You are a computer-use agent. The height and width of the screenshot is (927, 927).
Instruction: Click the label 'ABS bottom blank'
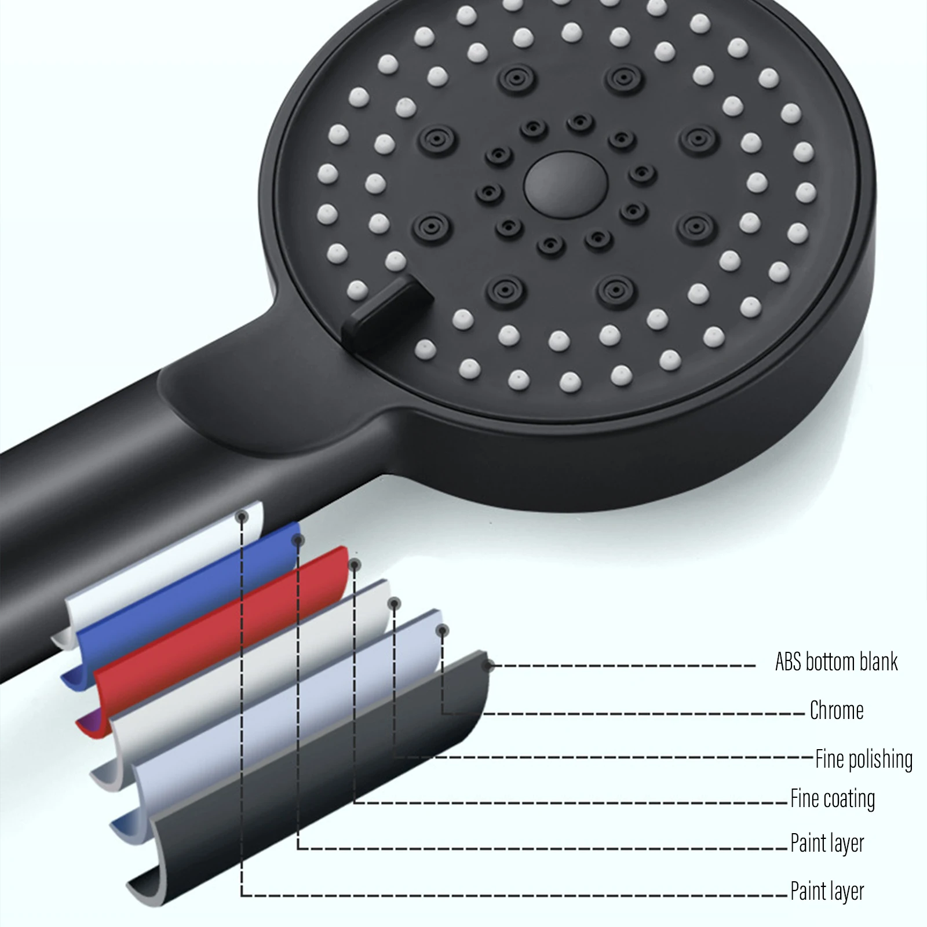click(x=836, y=662)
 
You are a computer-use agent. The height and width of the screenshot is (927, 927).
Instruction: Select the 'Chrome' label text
click(x=837, y=710)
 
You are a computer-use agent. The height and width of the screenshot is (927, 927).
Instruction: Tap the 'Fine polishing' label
click(x=864, y=759)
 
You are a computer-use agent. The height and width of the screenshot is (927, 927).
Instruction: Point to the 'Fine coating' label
click(x=833, y=799)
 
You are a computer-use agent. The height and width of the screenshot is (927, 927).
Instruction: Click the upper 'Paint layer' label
click(x=827, y=844)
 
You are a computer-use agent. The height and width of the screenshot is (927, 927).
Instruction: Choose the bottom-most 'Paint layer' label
click(x=827, y=891)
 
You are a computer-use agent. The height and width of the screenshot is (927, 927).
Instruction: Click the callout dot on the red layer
click(x=355, y=564)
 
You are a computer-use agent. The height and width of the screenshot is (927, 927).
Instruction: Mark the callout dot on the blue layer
click(x=299, y=540)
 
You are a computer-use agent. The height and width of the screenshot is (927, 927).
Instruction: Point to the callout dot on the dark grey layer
click(x=490, y=665)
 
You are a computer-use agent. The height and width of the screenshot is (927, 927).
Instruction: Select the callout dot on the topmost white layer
click(x=242, y=516)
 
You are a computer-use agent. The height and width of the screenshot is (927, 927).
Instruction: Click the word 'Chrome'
click(x=837, y=710)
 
